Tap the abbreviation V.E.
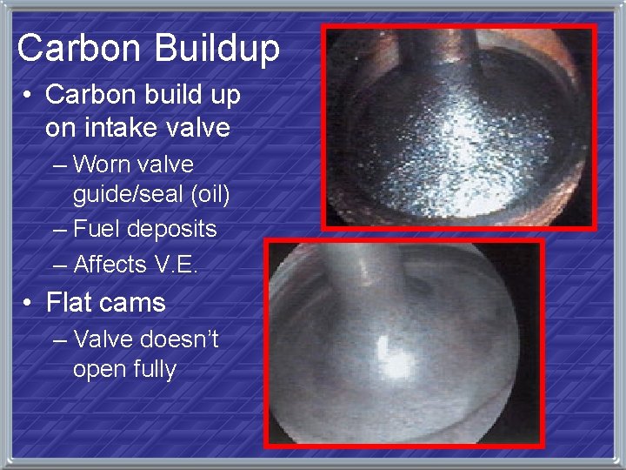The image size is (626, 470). tap(177, 263)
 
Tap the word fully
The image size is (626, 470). tap(155, 369)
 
